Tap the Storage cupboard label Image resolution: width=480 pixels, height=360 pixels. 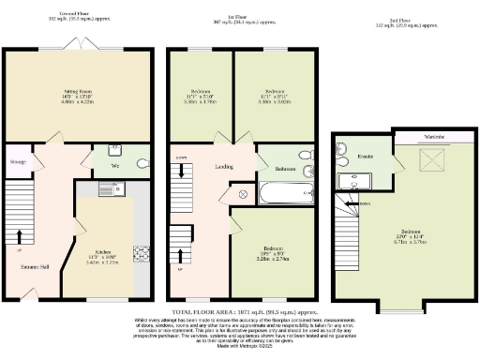pyautogui.click(x=17, y=162)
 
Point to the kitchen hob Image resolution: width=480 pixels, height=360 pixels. pyautogui.click(x=142, y=253)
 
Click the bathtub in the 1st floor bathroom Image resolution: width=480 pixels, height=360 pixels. pyautogui.click(x=277, y=195)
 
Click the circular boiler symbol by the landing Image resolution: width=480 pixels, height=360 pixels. pyautogui.click(x=244, y=194)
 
